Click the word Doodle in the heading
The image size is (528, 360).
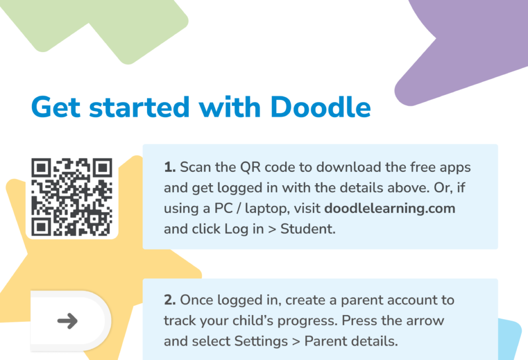point(320,107)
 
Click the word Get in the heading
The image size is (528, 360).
point(55,107)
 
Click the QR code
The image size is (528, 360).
point(72,197)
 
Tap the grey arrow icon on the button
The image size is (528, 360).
point(68,321)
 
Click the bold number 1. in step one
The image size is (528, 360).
point(170,168)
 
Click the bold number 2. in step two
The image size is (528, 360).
point(170,300)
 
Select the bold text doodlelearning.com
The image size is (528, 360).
point(389,208)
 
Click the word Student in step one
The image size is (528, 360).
point(308,229)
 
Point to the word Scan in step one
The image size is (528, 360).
point(193,168)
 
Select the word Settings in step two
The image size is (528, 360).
point(258,341)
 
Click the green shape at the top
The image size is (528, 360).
point(119,26)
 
